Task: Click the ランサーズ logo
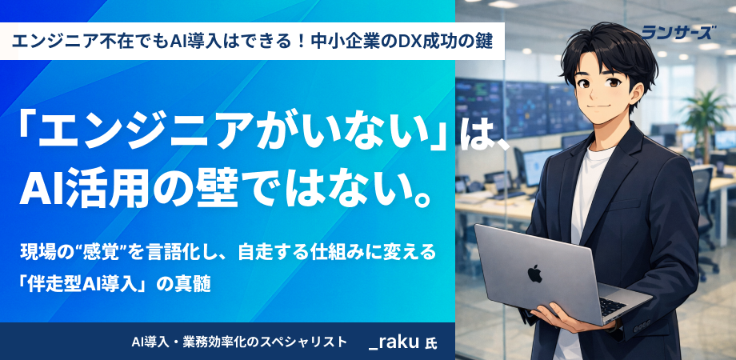click(678, 32)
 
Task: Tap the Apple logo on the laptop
click(534, 273)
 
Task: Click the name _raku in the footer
click(394, 342)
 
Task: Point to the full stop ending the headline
click(421, 199)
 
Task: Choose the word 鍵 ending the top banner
click(486, 42)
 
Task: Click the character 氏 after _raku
click(430, 343)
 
